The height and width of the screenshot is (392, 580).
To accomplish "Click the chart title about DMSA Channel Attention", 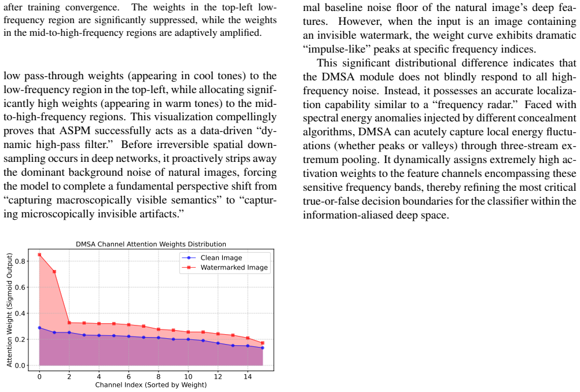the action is pyautogui.click(x=151, y=244).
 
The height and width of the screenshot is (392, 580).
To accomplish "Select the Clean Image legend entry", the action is pyautogui.click(x=221, y=258).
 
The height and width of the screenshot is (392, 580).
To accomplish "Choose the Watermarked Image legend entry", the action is pyautogui.click(x=225, y=268).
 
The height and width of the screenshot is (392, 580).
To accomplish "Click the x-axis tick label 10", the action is pyautogui.click(x=188, y=376).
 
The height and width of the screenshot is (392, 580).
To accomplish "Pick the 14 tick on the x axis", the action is pyautogui.click(x=248, y=376).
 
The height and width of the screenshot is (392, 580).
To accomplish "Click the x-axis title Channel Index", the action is pyautogui.click(x=151, y=384).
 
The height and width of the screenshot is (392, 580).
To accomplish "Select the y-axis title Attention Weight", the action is pyautogui.click(x=9, y=310).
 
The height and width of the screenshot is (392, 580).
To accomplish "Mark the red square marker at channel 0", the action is pyautogui.click(x=39, y=254).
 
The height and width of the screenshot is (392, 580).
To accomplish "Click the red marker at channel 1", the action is pyautogui.click(x=54, y=272).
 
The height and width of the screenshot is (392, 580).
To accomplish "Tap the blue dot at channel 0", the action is pyautogui.click(x=39, y=328).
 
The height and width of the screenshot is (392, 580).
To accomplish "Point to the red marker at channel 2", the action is pyautogui.click(x=69, y=323).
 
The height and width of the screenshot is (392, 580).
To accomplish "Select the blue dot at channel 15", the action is pyautogui.click(x=263, y=347).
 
